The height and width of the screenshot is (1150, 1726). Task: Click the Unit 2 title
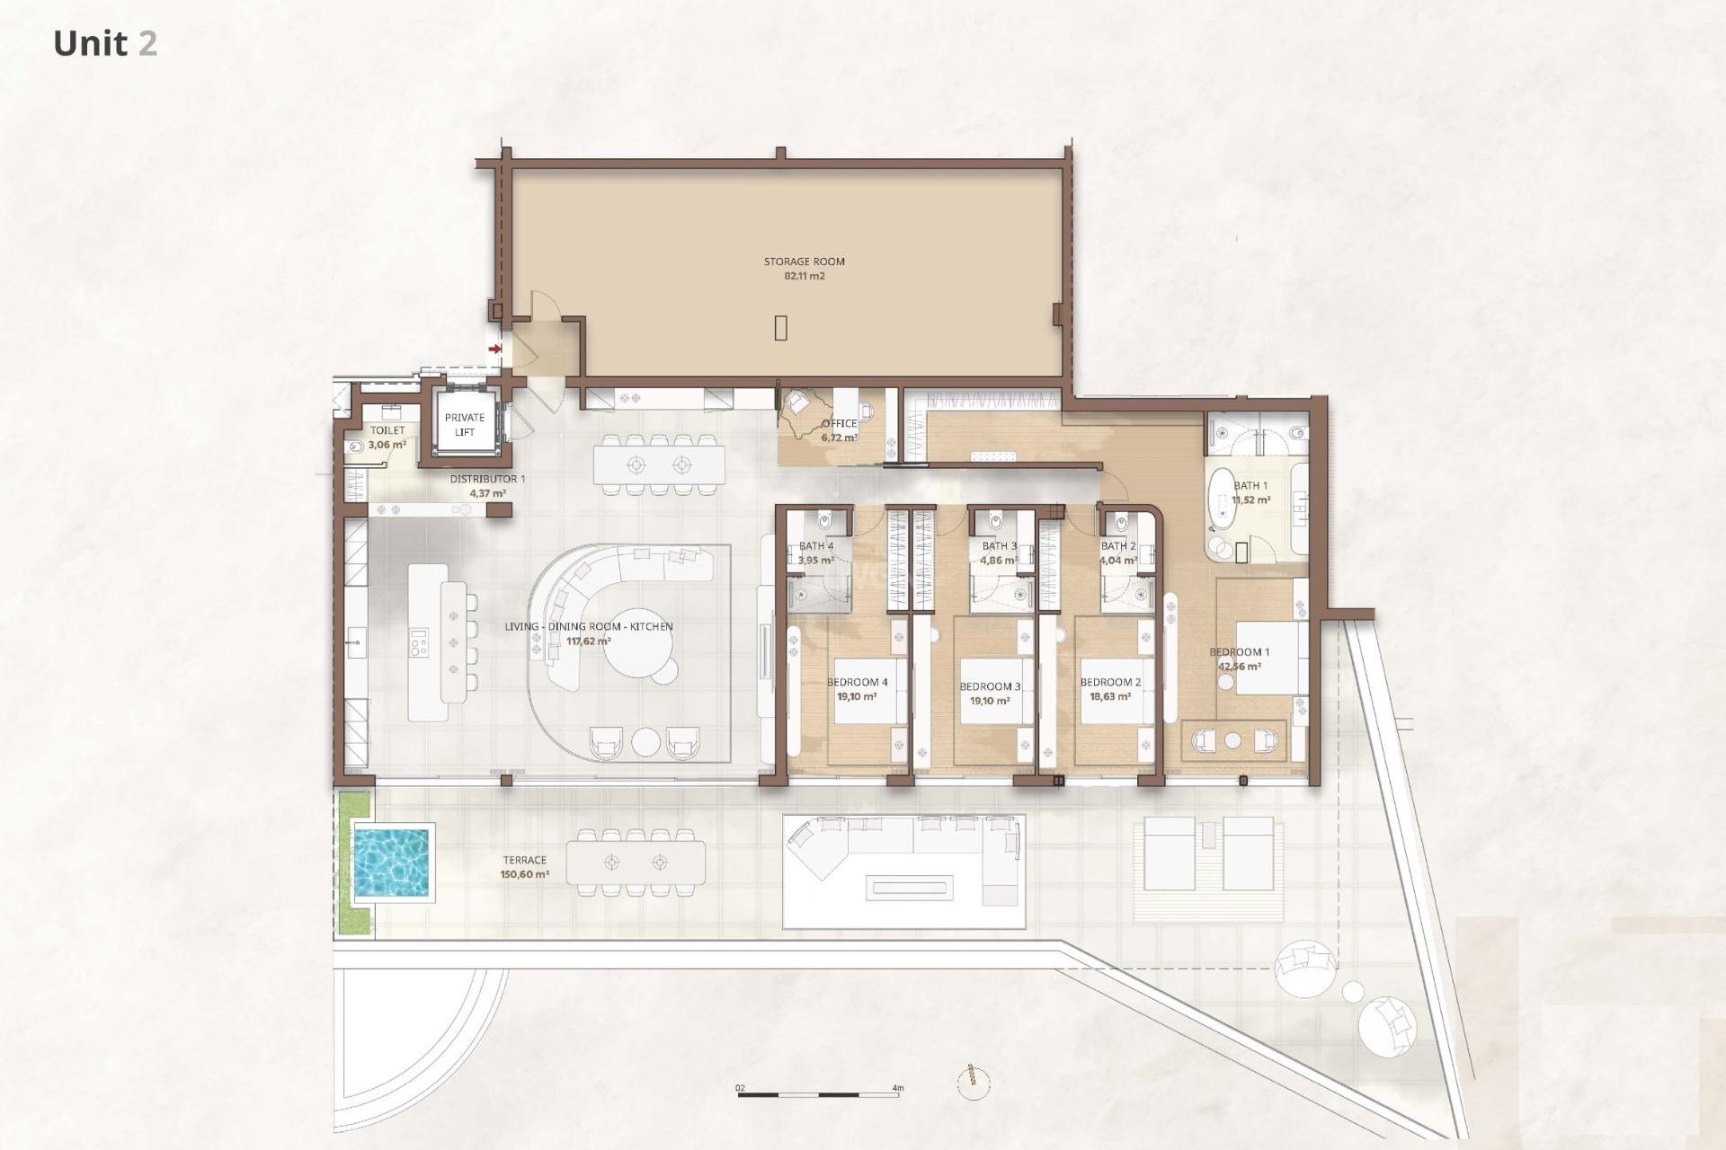105,43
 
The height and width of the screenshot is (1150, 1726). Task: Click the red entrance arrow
494,349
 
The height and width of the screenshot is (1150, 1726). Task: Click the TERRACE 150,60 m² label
524,867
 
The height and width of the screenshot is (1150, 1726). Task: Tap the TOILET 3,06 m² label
387,438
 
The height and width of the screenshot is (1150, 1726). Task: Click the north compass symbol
973,1082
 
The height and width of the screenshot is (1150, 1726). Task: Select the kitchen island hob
420,642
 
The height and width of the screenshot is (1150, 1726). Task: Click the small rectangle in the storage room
781,328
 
